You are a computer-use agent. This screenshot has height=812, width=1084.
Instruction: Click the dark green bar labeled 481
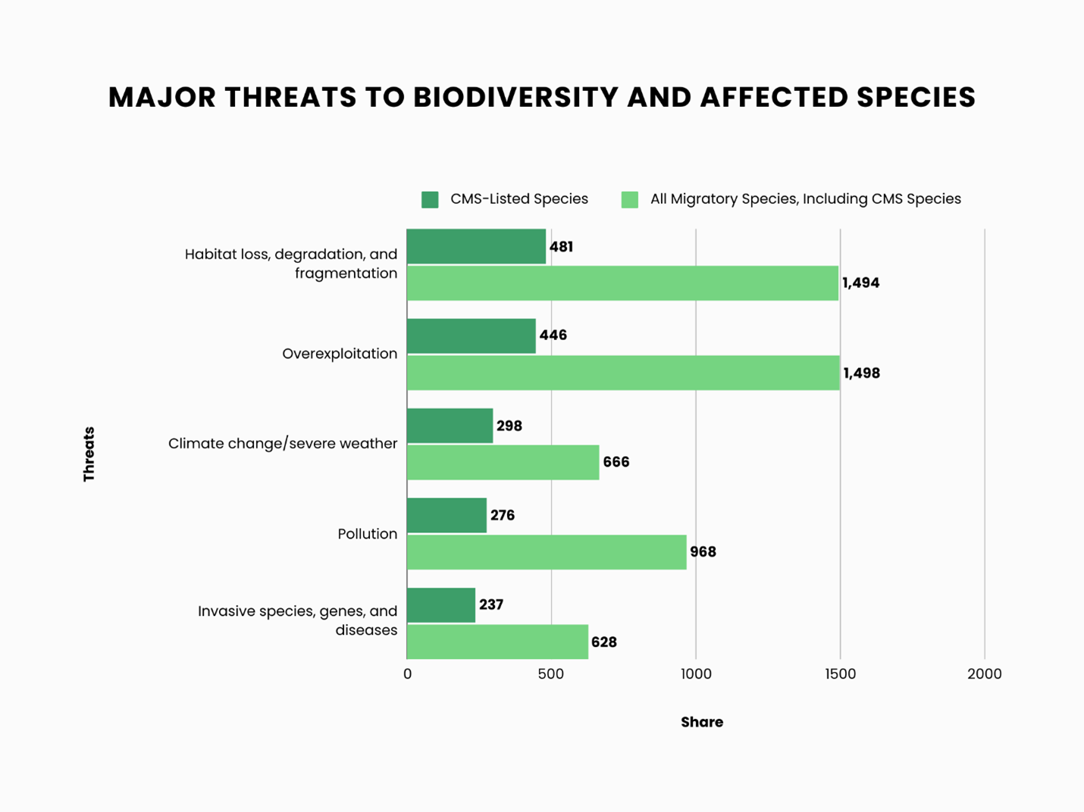(476, 246)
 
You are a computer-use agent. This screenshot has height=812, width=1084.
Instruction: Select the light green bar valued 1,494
(622, 283)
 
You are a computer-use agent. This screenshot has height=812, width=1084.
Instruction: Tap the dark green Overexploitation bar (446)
(471, 336)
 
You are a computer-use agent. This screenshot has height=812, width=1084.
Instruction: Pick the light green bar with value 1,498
(623, 373)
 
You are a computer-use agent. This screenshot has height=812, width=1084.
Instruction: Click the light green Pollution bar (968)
(547, 552)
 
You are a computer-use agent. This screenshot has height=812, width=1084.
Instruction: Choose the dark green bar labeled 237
(441, 605)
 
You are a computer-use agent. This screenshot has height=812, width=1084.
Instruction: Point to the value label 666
(616, 462)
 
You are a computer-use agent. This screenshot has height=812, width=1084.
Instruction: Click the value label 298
(509, 426)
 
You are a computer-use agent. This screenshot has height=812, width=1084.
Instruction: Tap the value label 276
(502, 515)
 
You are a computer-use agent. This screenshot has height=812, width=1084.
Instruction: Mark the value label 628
(603, 642)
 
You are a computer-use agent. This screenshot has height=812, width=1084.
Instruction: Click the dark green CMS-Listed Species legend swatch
(430, 199)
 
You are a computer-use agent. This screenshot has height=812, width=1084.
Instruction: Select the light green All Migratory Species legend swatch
(629, 199)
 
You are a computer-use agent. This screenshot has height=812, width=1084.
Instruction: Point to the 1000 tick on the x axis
(696, 674)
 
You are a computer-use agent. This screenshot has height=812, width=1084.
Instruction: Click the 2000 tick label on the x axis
(984, 674)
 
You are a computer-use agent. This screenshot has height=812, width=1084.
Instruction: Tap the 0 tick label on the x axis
(408, 674)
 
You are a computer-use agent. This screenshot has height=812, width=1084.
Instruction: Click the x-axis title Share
(701, 722)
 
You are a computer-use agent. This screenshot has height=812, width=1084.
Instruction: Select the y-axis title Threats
(89, 454)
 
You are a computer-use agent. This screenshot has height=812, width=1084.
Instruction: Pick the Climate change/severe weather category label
(283, 443)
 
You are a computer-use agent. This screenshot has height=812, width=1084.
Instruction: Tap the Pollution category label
(367, 534)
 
